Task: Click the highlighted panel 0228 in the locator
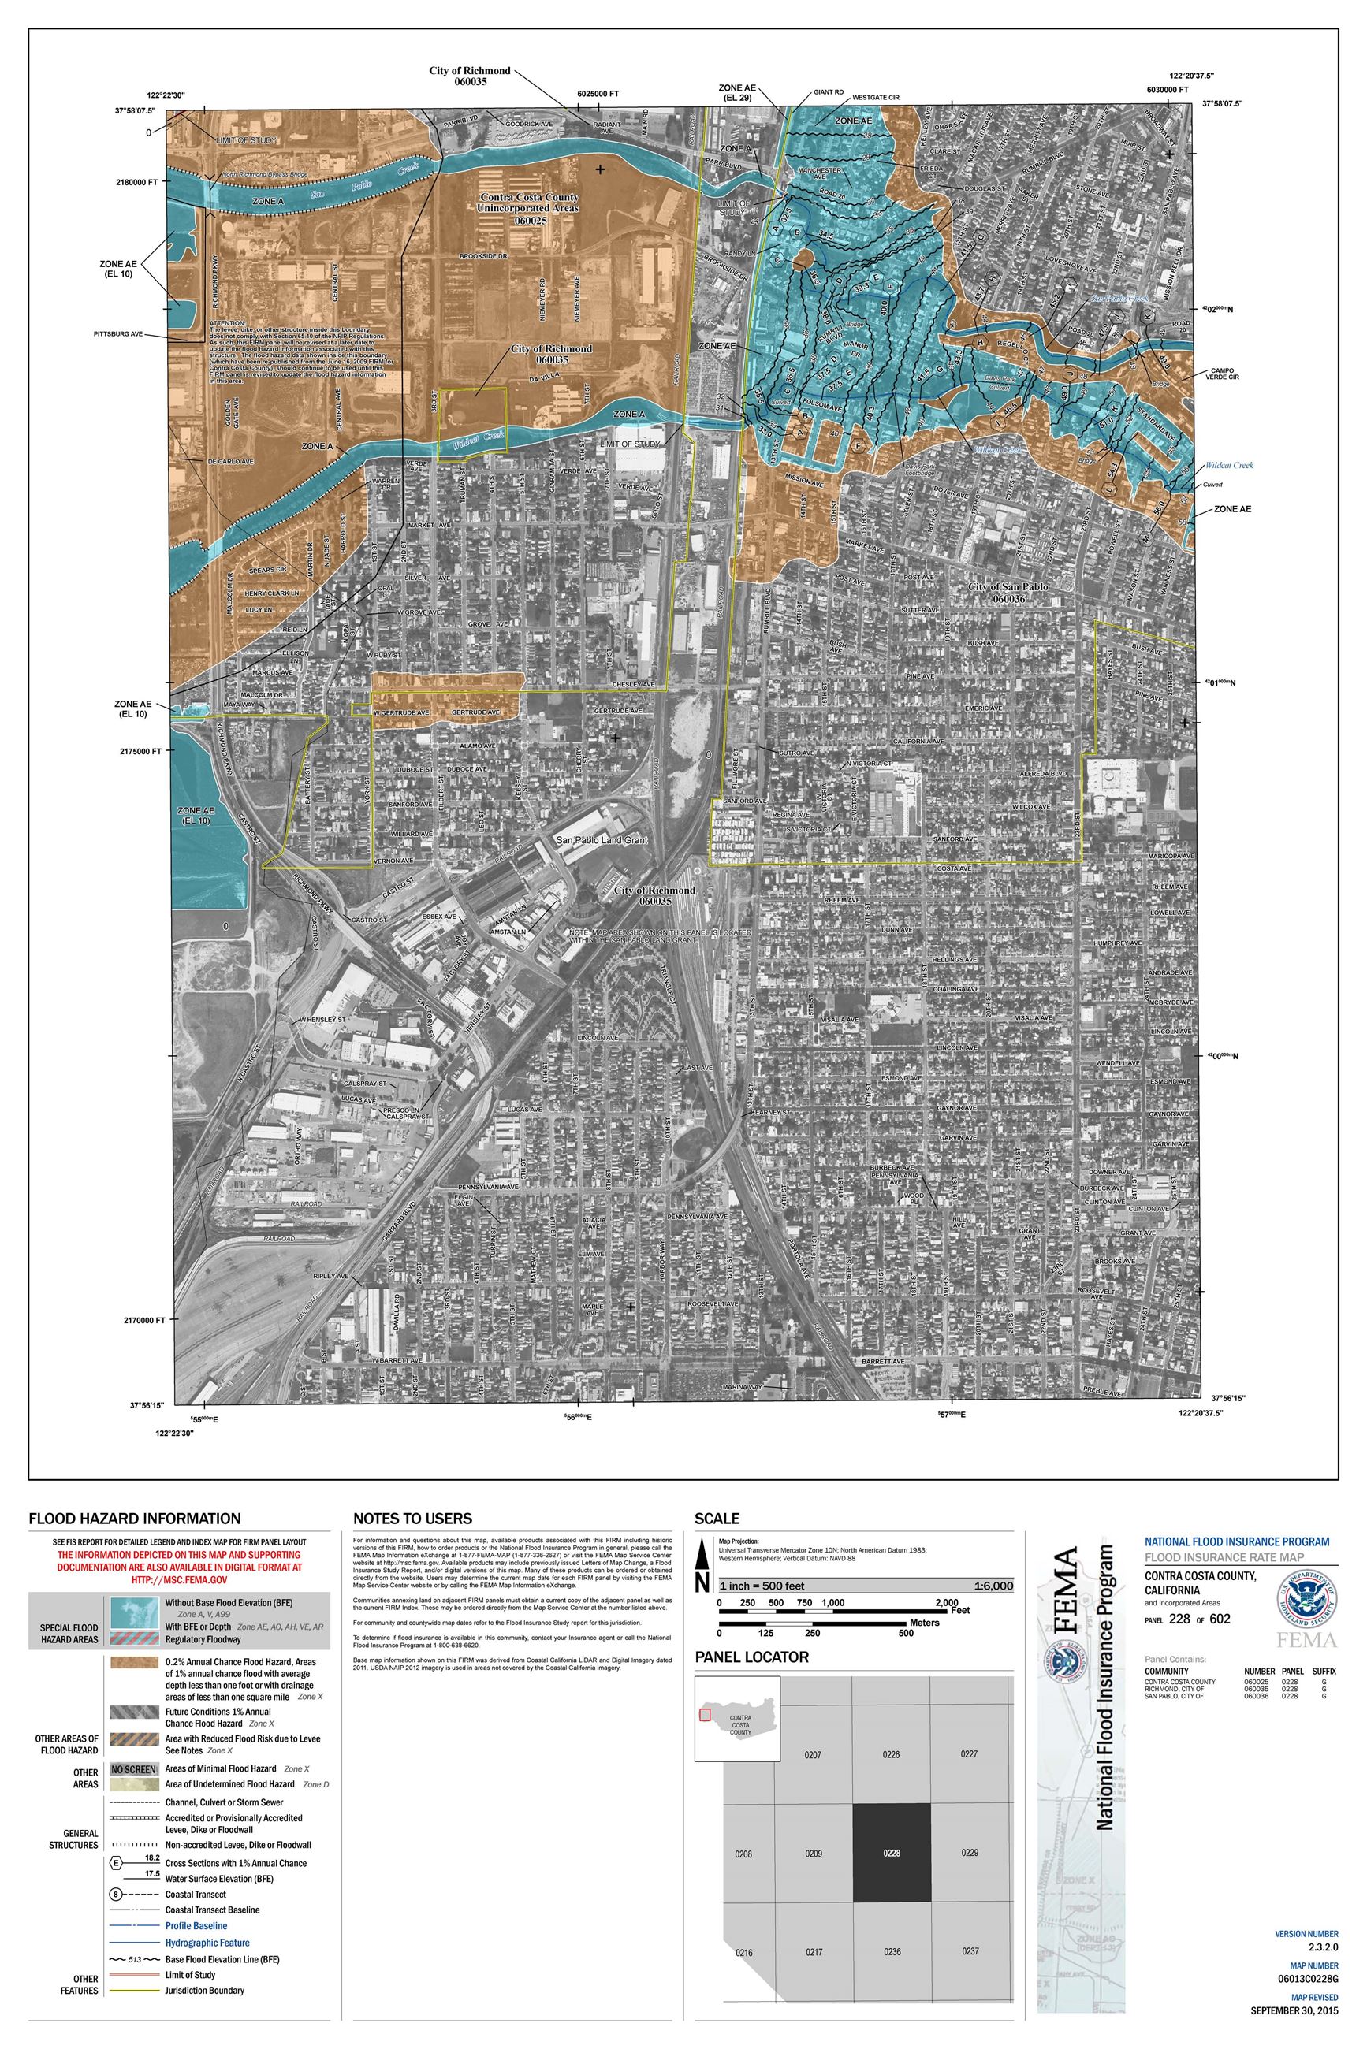891,1853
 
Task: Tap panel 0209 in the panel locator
813,1853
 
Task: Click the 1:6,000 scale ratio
993,1586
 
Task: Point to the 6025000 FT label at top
598,94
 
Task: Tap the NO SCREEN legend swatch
133,1769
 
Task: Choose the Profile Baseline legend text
196,1925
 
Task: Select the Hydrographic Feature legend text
207,1943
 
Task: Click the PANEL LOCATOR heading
751,1657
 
